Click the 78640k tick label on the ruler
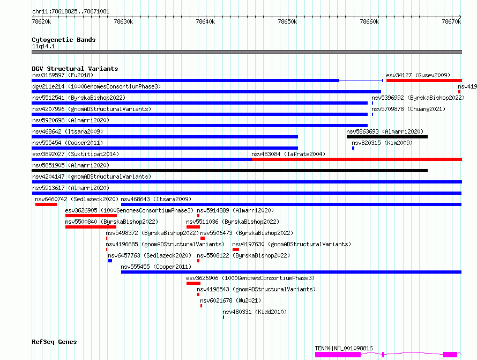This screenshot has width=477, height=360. (x=205, y=21)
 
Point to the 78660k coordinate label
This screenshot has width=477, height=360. (x=369, y=21)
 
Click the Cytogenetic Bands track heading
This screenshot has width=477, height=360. (x=64, y=40)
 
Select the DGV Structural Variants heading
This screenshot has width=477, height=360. (x=75, y=69)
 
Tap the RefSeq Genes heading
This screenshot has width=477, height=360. (x=54, y=342)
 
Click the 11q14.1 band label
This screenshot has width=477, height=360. (x=43, y=46)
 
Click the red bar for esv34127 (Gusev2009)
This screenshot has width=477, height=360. (x=424, y=80)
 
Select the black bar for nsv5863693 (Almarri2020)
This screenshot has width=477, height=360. (x=387, y=137)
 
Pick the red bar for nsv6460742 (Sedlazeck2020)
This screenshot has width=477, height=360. (x=46, y=204)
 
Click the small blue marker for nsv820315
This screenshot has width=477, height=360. (x=353, y=148)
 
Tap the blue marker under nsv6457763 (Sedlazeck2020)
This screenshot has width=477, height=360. (x=110, y=261)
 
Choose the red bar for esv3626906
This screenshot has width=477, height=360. (x=193, y=283)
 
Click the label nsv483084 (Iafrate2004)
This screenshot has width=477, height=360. (x=288, y=154)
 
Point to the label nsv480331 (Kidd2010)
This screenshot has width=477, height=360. (x=255, y=312)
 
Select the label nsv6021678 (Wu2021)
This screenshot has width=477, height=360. (x=230, y=300)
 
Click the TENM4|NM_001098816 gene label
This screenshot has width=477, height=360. (x=344, y=348)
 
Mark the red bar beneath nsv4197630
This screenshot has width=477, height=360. (x=236, y=249)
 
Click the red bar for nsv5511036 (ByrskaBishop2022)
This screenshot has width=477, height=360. (x=193, y=227)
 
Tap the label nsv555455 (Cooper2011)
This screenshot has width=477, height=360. (x=156, y=267)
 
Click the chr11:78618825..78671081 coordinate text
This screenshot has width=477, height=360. (x=71, y=12)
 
